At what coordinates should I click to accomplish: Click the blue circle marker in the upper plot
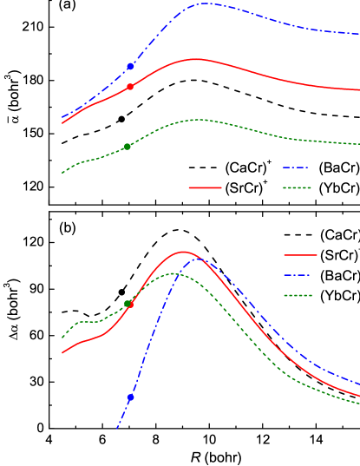(x=130, y=66)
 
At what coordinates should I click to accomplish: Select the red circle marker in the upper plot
(x=130, y=87)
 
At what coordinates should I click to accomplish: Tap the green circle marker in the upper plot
(x=128, y=147)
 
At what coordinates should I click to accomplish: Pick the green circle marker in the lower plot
(x=128, y=304)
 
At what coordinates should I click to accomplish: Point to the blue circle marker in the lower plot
(x=131, y=397)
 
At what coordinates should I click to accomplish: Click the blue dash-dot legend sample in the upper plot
(x=296, y=167)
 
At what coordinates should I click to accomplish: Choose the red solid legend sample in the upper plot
(x=206, y=187)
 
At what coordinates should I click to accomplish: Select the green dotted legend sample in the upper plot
(x=297, y=187)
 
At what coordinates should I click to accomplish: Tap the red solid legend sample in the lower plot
(x=300, y=255)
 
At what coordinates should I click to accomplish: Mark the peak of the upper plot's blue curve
(x=205, y=3)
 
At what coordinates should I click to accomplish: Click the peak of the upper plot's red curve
(x=195, y=59)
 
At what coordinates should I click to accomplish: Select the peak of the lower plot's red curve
(x=183, y=252)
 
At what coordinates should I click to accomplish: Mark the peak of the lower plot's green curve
(x=173, y=273)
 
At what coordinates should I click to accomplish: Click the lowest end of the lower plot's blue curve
(x=117, y=429)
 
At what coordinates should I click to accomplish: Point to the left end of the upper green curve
(x=62, y=173)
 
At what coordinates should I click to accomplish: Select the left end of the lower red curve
(x=62, y=353)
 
